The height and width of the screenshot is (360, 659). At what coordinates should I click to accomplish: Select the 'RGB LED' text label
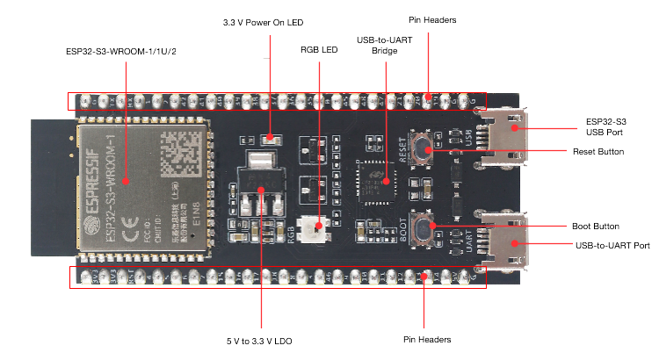tap(318, 50)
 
